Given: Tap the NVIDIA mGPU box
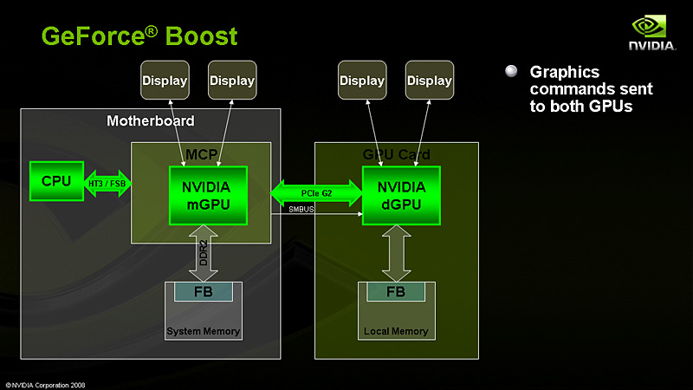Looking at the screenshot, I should [x=207, y=195].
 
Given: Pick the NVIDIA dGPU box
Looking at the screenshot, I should [x=401, y=195].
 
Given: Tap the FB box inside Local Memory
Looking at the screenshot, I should [x=396, y=291].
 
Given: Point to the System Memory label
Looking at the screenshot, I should [x=204, y=332].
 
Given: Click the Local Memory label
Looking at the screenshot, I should [x=396, y=332].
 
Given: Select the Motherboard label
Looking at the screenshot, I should [x=150, y=120].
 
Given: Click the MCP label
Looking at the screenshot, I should [x=203, y=154].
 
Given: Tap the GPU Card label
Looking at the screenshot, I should [x=396, y=154].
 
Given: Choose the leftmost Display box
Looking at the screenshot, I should [x=165, y=81].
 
